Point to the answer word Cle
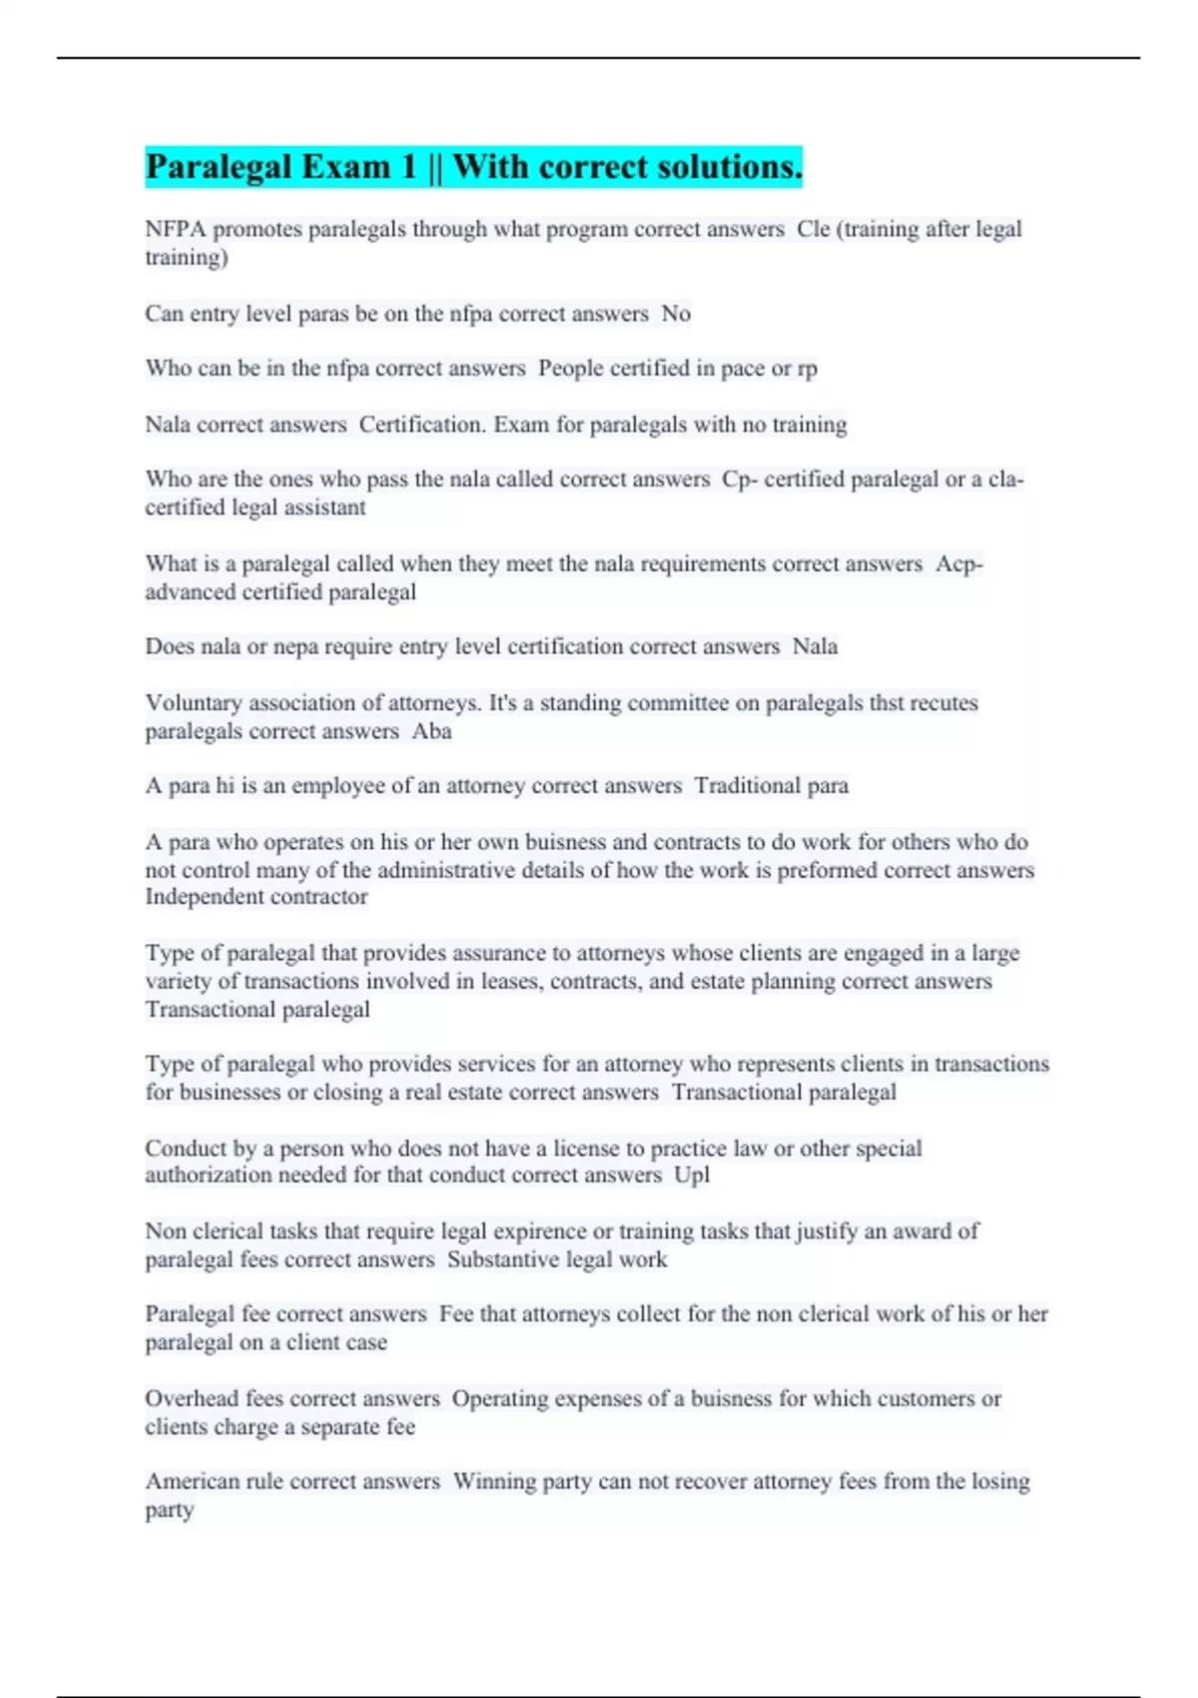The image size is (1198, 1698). tap(814, 230)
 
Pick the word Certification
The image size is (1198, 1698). tap(422, 424)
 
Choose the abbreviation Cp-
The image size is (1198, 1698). tap(740, 479)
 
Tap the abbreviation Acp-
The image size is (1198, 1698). tap(959, 564)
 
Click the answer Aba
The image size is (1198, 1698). tap(431, 731)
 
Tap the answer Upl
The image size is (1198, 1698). tap(692, 1176)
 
